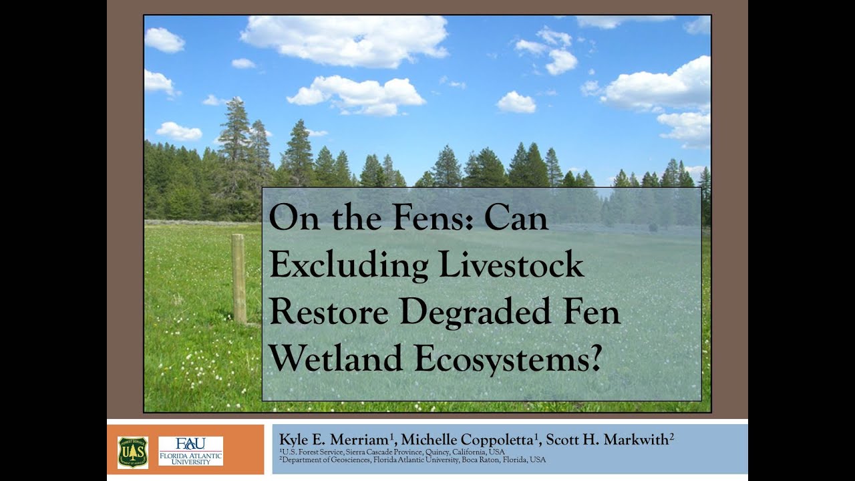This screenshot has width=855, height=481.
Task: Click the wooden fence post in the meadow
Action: (238, 279)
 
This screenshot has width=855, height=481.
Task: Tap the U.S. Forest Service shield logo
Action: (133, 452)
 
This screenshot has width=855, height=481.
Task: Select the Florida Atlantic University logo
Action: (190, 451)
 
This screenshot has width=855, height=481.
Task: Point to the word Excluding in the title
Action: (348, 265)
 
